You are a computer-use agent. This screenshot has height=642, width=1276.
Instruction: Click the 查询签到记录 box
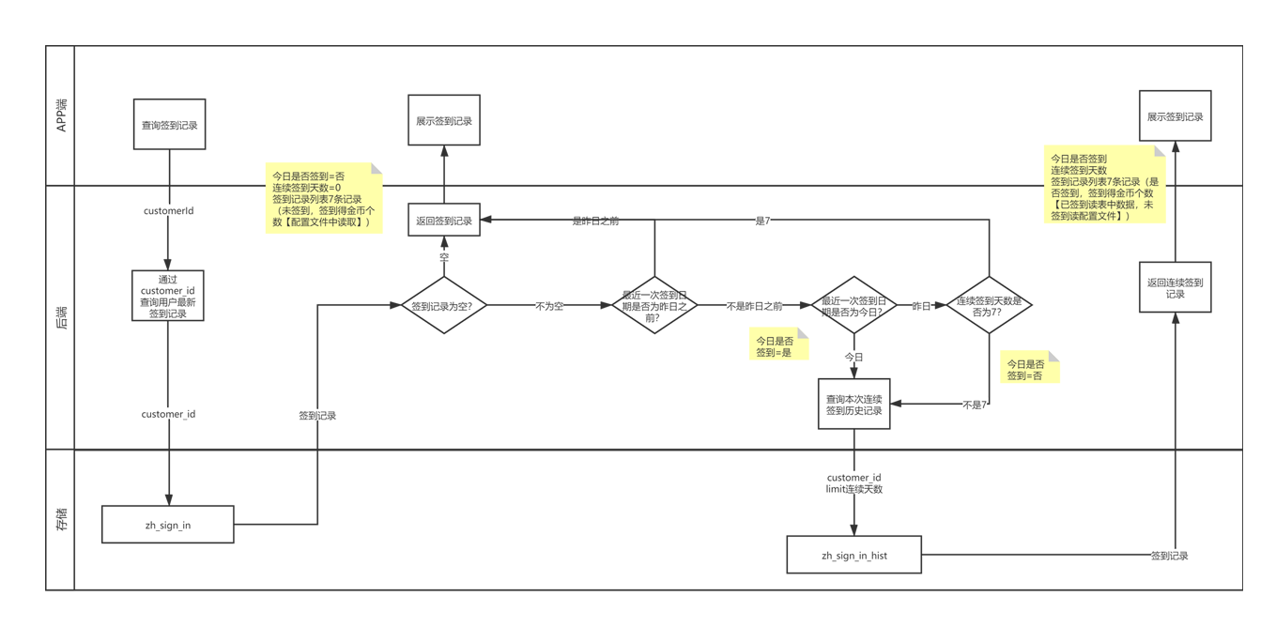pyautogui.click(x=169, y=125)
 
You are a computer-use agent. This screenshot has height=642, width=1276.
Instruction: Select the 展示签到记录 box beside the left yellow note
pyautogui.click(x=444, y=121)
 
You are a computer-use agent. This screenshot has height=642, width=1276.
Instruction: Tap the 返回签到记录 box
pyautogui.click(x=444, y=221)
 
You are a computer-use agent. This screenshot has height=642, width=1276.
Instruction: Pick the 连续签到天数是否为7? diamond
pyautogui.click(x=989, y=305)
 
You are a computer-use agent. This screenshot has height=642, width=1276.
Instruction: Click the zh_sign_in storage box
pyautogui.click(x=168, y=525)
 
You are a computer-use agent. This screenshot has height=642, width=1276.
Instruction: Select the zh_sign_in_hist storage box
pyautogui.click(x=854, y=555)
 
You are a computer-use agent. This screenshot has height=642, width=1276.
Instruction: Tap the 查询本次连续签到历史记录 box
pyautogui.click(x=853, y=405)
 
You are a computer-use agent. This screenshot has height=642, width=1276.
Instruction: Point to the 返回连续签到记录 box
pyautogui.click(x=1175, y=287)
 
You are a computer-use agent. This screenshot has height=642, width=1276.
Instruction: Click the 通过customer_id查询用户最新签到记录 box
pyautogui.click(x=168, y=297)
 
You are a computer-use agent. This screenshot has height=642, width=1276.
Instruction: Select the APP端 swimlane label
pyautogui.click(x=61, y=115)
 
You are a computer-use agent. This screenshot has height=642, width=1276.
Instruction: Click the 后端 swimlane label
pyautogui.click(x=61, y=317)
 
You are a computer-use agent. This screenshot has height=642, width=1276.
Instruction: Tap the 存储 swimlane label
pyautogui.click(x=61, y=519)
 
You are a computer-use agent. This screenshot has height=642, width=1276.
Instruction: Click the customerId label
pyautogui.click(x=169, y=211)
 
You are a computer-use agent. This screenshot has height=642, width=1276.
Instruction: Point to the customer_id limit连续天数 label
pyautogui.click(x=853, y=483)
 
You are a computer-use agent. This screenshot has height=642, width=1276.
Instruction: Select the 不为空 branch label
pyautogui.click(x=550, y=307)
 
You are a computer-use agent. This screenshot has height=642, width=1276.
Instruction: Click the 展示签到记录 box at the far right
pyautogui.click(x=1175, y=117)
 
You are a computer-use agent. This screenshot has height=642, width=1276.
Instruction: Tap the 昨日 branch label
pyautogui.click(x=921, y=307)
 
